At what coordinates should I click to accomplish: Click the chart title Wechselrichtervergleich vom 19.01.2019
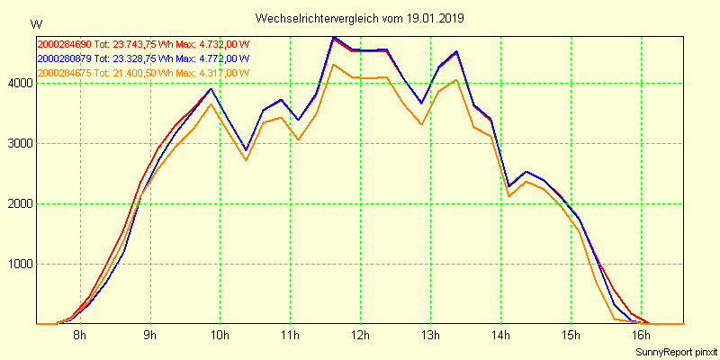click(360, 18)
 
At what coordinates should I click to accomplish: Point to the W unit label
click(36, 23)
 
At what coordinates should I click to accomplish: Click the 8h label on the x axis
click(79, 336)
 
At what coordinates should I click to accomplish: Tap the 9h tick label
click(149, 336)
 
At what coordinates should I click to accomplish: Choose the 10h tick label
click(220, 336)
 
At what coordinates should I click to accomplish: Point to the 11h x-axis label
click(290, 336)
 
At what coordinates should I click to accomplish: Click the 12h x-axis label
click(360, 336)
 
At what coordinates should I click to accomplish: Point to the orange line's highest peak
click(334, 64)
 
